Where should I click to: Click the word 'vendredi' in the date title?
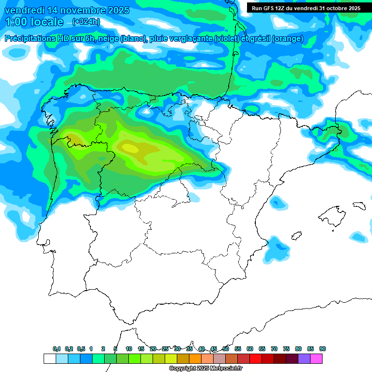tap(24, 10)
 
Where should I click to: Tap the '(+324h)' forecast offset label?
tap(86, 22)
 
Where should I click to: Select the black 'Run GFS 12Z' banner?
tap(306, 8)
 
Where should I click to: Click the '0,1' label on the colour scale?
tap(57, 349)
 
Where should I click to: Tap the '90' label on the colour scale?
tap(323, 349)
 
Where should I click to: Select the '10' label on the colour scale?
tap(129, 349)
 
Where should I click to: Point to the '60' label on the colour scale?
tap(250, 349)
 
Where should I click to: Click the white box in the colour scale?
tap(49, 358)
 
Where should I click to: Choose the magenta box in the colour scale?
tap(316, 358)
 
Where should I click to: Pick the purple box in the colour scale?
tap(304, 358)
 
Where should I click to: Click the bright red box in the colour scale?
tap(256, 358)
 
